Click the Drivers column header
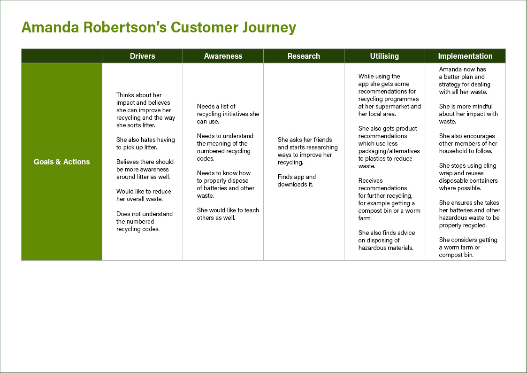click(x=143, y=56)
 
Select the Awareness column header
click(x=223, y=56)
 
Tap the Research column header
click(x=304, y=56)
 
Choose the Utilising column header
click(x=384, y=56)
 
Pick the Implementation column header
click(x=465, y=56)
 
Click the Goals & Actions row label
click(x=62, y=162)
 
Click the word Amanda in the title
click(x=50, y=27)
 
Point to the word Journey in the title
click(x=269, y=28)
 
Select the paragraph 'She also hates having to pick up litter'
click(x=145, y=143)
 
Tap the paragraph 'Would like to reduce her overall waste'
click(x=144, y=195)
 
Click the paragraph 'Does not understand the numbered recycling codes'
click(x=145, y=221)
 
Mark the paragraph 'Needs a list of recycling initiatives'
click(x=228, y=114)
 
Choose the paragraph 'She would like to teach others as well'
click(x=228, y=214)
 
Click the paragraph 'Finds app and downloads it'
click(x=297, y=180)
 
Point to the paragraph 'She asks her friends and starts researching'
click(x=307, y=151)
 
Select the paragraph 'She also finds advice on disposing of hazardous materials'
click(x=387, y=240)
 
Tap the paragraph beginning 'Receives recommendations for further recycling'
click(x=389, y=200)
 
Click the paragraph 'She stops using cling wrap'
click(x=468, y=177)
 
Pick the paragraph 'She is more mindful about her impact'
click(x=468, y=114)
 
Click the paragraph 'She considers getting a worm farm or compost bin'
click(x=468, y=247)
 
